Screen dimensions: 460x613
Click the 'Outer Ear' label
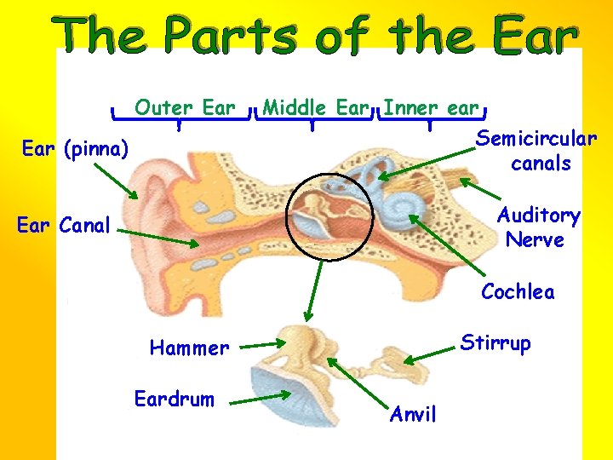(x=185, y=108)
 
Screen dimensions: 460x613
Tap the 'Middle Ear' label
(x=315, y=108)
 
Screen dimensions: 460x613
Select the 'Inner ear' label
(x=432, y=108)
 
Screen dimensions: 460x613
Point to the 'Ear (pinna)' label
(x=75, y=150)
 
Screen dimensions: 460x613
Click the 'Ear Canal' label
(x=64, y=226)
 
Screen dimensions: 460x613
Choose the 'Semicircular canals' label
(x=536, y=150)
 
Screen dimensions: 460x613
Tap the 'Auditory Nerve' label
(x=538, y=227)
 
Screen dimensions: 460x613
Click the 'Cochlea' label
(x=518, y=292)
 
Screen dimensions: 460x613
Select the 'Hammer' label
(x=189, y=348)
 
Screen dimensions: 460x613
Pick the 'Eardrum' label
(x=175, y=399)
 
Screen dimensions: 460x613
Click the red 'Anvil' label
(x=413, y=415)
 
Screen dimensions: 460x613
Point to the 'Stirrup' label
(x=496, y=343)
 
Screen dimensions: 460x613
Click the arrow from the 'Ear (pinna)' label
(x=115, y=180)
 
